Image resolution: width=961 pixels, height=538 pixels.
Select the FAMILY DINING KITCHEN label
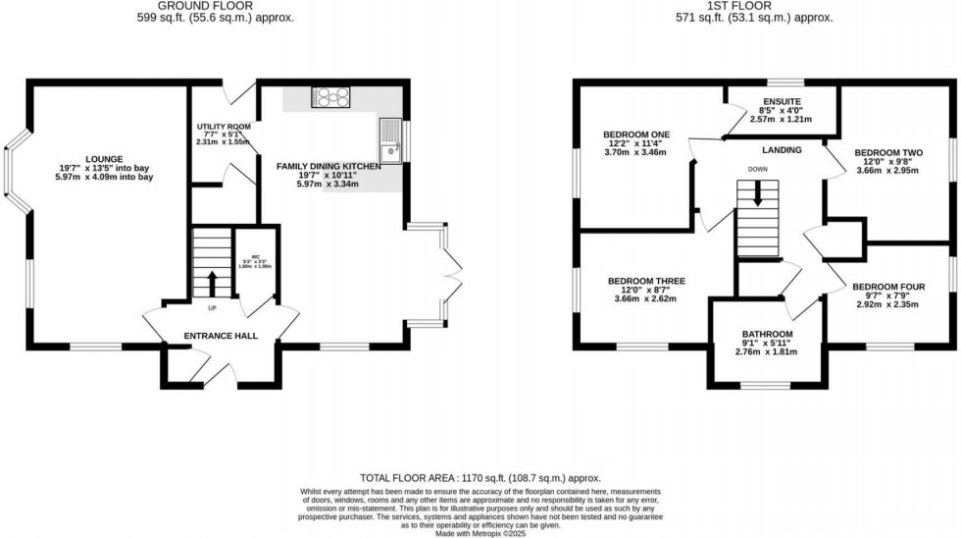tap(329, 167)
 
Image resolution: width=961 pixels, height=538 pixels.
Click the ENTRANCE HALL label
tap(221, 336)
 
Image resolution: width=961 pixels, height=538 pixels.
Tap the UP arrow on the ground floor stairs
tap(212, 284)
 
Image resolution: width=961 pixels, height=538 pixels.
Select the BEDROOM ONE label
tap(635, 134)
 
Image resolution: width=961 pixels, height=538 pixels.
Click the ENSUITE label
tap(782, 101)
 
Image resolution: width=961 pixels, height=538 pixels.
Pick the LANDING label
tap(783, 150)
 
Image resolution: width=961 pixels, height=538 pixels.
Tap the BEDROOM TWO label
tap(888, 152)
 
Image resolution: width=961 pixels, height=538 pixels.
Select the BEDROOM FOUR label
tap(888, 287)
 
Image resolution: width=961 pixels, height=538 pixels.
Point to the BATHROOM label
tap(767, 334)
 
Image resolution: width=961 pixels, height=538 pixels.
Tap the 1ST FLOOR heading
tap(754, 5)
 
